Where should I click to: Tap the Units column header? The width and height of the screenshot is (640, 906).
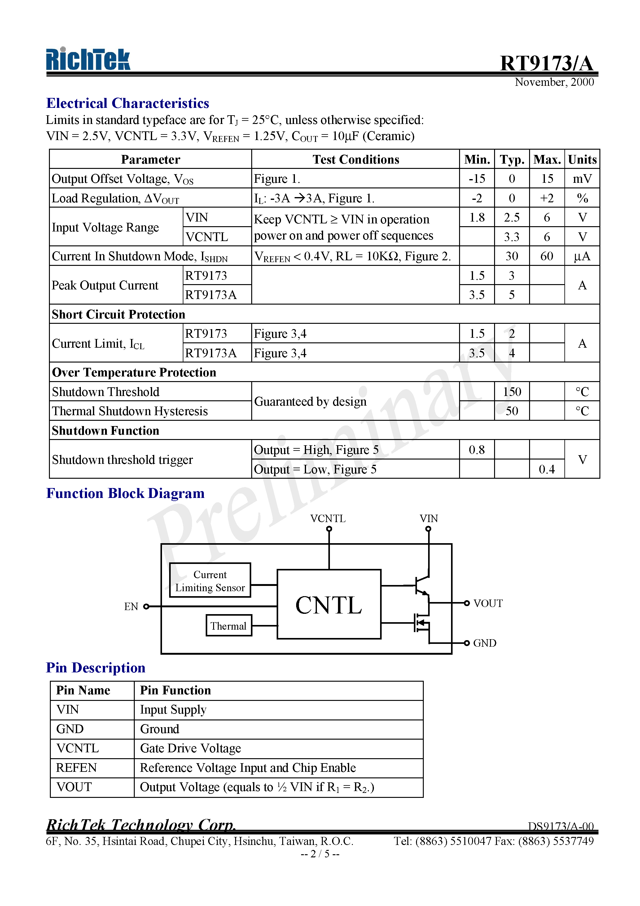[582, 160]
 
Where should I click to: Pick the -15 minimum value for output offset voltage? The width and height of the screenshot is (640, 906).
[477, 179]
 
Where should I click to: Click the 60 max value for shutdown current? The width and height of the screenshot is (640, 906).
[546, 257]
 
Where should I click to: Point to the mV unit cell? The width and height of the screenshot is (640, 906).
[582, 179]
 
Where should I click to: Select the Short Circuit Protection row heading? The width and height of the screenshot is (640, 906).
[118, 314]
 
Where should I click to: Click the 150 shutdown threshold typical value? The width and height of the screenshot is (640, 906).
[512, 392]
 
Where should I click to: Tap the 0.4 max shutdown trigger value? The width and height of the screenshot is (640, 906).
[546, 469]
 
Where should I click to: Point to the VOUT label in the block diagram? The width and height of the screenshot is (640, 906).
[488, 604]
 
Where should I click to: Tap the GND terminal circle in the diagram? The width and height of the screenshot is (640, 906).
[467, 643]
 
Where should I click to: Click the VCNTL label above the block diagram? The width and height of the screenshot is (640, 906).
[328, 518]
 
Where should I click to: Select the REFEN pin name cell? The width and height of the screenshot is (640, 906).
[77, 768]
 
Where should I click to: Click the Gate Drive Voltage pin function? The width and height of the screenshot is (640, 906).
[191, 749]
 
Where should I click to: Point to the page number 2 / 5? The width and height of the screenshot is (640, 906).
[320, 854]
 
